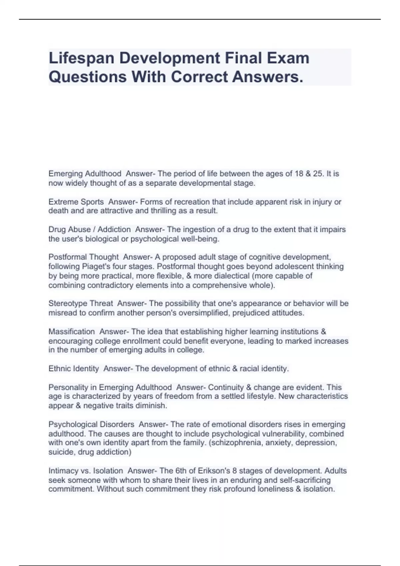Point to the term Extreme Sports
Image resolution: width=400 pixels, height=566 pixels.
[x=76, y=202]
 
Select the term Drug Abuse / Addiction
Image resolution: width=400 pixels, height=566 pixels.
[x=89, y=229]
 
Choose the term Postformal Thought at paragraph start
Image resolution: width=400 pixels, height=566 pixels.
[x=83, y=257]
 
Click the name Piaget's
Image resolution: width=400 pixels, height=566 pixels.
[x=103, y=266]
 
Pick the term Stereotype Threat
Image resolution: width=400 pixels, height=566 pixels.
[x=81, y=303]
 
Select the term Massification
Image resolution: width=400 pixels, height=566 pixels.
[x=71, y=332]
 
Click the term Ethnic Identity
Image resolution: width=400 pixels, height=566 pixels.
[x=74, y=369]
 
